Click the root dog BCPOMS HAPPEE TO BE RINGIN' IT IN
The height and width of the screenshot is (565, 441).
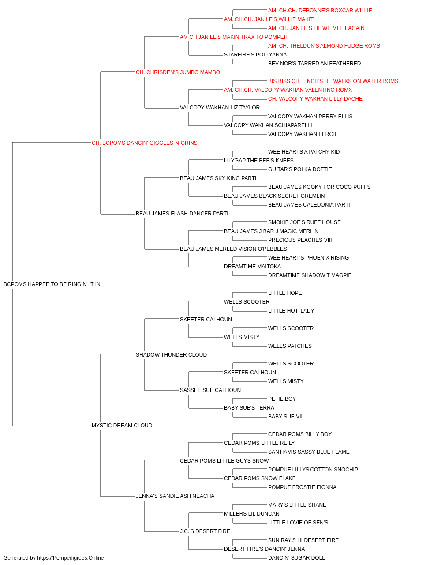(x=52, y=284)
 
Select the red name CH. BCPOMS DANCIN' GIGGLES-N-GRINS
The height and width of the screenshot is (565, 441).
(x=144, y=143)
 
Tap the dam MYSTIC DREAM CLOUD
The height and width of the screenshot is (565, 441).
(x=122, y=426)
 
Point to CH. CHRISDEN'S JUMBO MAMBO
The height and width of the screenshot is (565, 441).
(x=178, y=72)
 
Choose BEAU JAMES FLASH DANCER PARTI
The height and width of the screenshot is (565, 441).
(x=182, y=214)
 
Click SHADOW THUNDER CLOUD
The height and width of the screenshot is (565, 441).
(x=171, y=354)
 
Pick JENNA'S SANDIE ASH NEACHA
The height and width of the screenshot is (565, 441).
(x=175, y=496)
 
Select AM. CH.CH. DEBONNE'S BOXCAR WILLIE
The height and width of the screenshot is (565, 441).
(x=320, y=11)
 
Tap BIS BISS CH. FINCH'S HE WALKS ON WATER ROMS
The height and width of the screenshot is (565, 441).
(x=333, y=81)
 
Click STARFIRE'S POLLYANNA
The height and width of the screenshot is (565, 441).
(x=255, y=55)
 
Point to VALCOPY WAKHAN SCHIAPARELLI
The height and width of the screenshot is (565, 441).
(x=268, y=125)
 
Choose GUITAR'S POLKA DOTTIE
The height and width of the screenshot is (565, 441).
(x=300, y=169)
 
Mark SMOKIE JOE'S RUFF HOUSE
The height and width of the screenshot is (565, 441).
(x=304, y=222)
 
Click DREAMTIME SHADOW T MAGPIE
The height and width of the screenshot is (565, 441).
(x=310, y=275)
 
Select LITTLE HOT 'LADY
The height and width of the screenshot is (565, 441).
(x=291, y=310)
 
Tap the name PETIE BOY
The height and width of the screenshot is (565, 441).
(x=282, y=399)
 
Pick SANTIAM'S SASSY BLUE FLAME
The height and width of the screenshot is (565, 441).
(x=309, y=452)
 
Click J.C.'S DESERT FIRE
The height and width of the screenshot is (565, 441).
(x=205, y=531)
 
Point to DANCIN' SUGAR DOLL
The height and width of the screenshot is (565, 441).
(x=296, y=558)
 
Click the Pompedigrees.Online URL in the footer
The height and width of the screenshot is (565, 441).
(x=71, y=558)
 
